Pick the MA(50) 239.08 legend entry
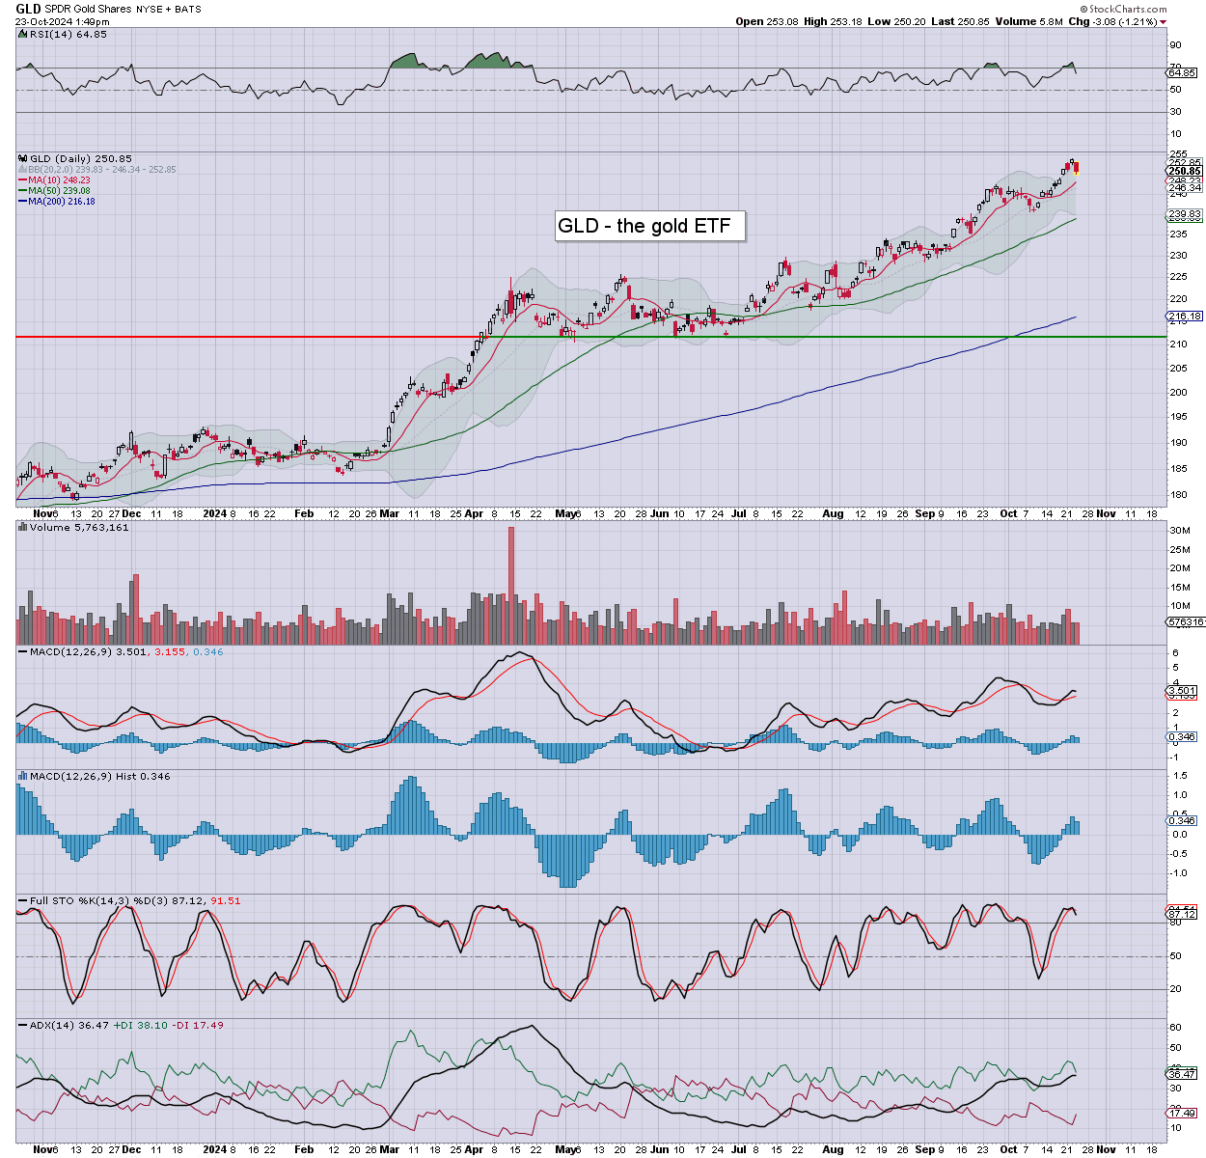60,190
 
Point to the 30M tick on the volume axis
1179,531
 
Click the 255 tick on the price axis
1178,154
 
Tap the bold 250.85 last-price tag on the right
1184,172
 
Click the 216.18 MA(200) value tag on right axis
1184,317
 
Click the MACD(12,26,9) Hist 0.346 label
99,776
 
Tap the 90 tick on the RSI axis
1175,45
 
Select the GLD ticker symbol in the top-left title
28,9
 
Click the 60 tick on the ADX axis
1175,1028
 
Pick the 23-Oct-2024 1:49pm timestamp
62,21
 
